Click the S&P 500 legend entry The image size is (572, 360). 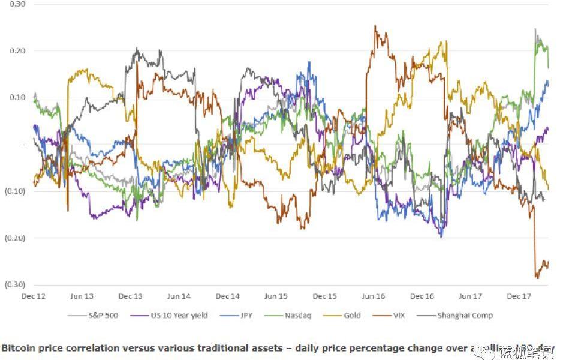click(103, 315)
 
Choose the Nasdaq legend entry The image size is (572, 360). click(297, 315)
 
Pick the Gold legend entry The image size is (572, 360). click(352, 315)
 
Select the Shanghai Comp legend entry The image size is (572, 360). click(465, 315)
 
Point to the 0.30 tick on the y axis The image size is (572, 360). click(17, 4)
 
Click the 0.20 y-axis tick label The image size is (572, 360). click(17, 51)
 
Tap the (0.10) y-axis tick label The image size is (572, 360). click(15, 191)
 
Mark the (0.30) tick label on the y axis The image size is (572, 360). click(15, 284)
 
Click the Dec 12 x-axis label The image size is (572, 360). click(33, 296)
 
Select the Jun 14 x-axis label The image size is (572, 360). click(179, 296)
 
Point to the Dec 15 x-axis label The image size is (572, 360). click(324, 296)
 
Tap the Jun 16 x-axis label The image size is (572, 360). click(374, 296)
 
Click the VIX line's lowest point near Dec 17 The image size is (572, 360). click(537, 278)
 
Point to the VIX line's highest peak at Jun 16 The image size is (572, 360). click(375, 26)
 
